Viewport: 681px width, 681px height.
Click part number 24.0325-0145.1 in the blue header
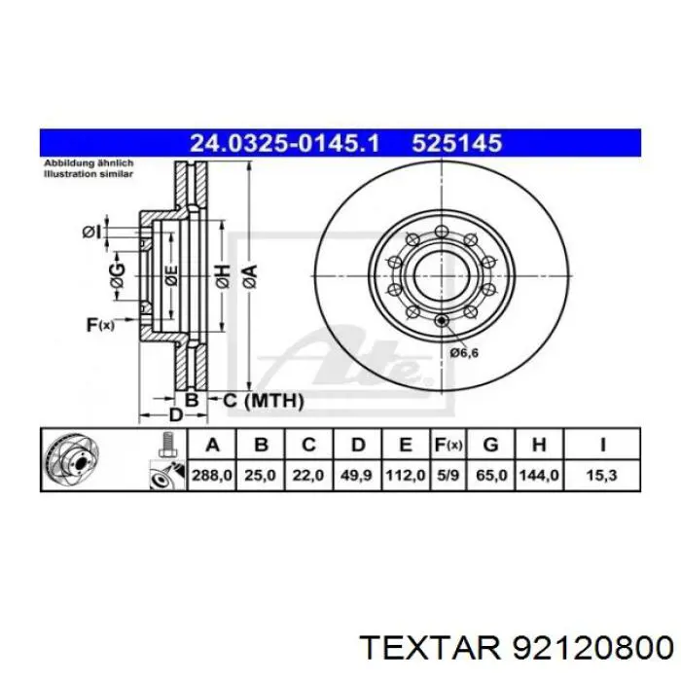[x=286, y=143]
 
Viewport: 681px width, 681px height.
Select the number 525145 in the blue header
[x=456, y=143]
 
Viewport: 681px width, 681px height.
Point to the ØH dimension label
[x=222, y=276]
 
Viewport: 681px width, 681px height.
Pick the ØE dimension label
[x=171, y=276]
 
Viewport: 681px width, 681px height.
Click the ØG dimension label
[x=116, y=276]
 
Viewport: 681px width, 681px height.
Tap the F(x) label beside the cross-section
[x=100, y=325]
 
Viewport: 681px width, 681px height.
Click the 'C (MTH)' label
[x=264, y=400]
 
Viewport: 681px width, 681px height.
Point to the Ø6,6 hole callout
[x=463, y=352]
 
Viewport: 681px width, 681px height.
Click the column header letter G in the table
[x=491, y=446]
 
